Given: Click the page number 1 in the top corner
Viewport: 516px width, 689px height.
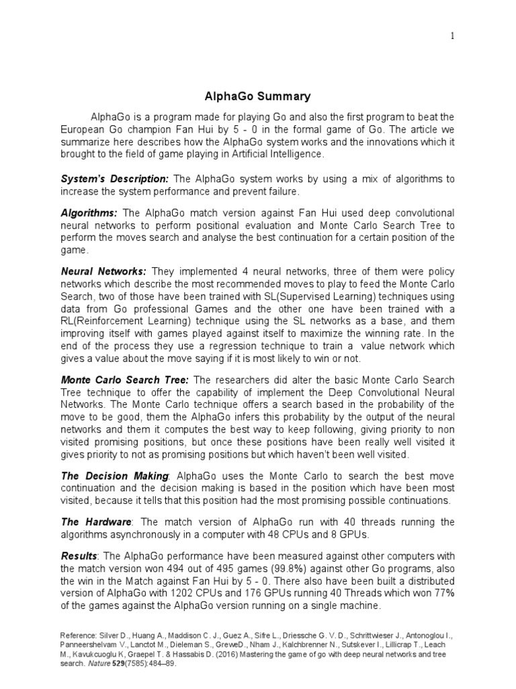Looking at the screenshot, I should (x=452, y=36).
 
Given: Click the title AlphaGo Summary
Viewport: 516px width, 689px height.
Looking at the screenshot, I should (x=257, y=96).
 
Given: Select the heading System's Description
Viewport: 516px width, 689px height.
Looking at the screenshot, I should (x=114, y=178).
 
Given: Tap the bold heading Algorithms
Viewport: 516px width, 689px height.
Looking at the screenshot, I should (x=89, y=213).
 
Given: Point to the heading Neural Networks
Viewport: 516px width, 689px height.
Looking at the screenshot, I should (x=103, y=271).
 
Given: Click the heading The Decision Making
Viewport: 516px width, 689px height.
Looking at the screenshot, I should (x=114, y=476).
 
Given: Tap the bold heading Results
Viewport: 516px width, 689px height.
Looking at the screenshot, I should (x=79, y=556).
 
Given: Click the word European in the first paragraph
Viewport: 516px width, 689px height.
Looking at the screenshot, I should (x=87, y=130).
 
